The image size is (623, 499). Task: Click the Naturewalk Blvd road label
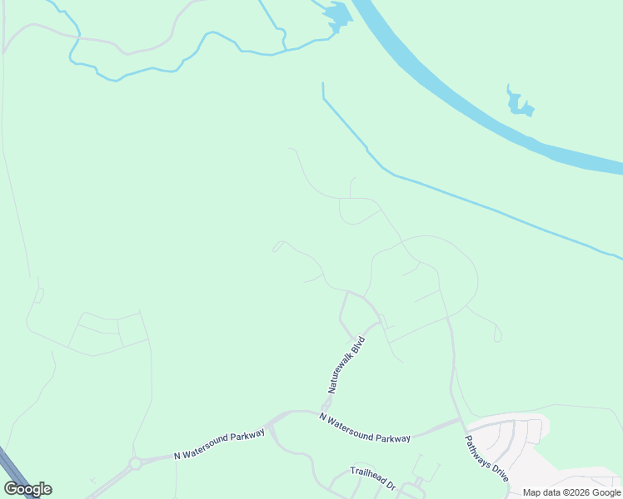point(346,364)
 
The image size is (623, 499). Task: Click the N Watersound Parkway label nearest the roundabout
point(219,444)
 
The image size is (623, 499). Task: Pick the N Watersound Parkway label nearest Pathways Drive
point(365,427)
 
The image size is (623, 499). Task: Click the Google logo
point(27,489)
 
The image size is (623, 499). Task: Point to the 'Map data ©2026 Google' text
point(571,492)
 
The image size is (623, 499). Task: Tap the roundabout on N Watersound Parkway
point(135,463)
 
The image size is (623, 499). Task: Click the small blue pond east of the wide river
point(520,102)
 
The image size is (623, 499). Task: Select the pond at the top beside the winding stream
point(336,15)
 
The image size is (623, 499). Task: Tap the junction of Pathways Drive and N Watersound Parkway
point(459,421)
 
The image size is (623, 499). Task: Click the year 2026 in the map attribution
point(580,492)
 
